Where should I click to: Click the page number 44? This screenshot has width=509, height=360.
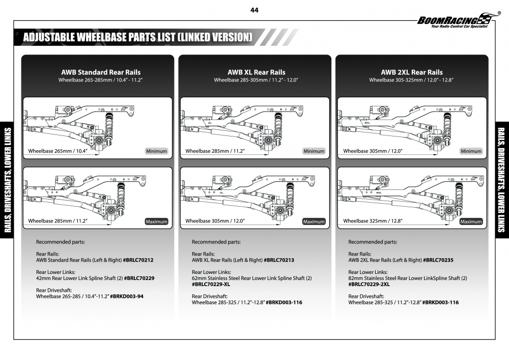click(254, 10)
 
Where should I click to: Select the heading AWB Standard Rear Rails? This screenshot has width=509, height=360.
click(101, 72)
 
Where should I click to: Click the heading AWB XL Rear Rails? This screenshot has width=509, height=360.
click(257, 72)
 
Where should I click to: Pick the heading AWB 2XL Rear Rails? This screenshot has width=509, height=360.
click(412, 72)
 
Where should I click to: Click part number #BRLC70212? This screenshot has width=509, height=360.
click(138, 260)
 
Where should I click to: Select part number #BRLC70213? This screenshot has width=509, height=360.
click(279, 260)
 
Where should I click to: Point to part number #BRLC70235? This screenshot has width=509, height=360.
click(438, 260)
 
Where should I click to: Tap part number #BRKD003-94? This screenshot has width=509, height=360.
click(127, 296)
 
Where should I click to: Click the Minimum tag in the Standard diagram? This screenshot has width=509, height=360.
click(157, 151)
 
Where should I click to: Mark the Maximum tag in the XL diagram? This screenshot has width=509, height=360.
click(314, 221)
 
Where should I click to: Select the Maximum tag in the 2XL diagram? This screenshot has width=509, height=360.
click(471, 221)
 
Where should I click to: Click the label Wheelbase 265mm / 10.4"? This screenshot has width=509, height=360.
click(58, 151)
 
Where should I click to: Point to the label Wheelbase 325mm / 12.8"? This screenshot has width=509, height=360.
click(373, 221)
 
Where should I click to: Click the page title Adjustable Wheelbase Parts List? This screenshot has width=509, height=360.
click(137, 37)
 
